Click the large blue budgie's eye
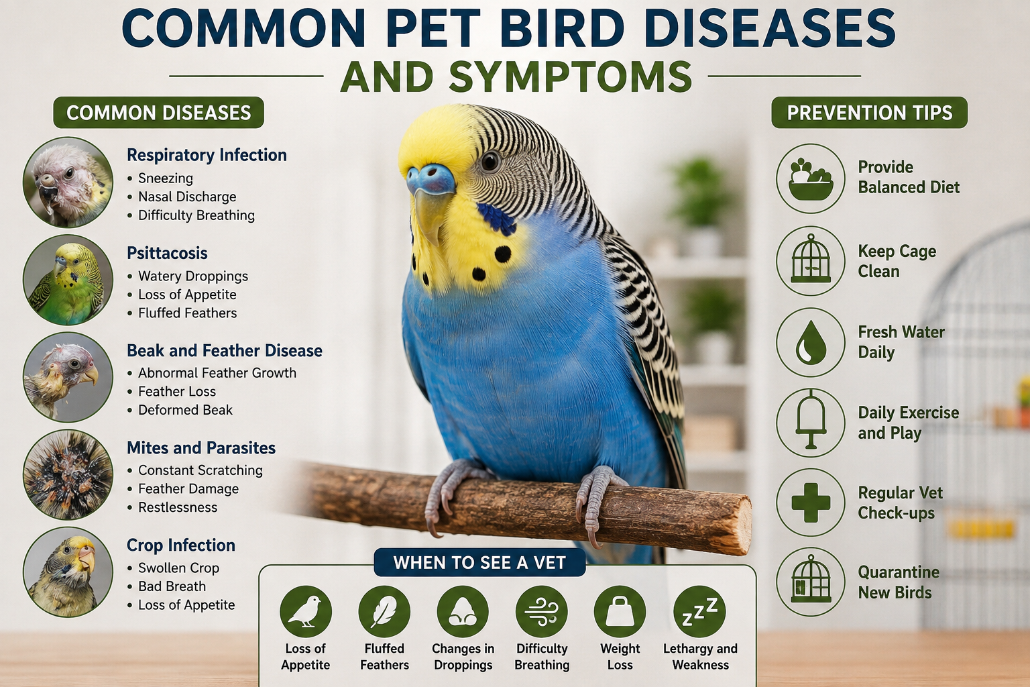(x=490, y=161)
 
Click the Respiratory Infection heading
(x=207, y=155)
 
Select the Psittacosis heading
(x=167, y=253)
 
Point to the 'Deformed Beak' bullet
(x=185, y=410)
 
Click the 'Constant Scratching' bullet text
(x=201, y=470)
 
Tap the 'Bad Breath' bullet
(x=172, y=586)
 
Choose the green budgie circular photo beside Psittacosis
(x=68, y=280)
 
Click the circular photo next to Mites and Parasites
(x=68, y=474)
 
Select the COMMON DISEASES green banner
(x=159, y=113)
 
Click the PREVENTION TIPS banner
(x=870, y=113)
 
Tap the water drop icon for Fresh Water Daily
(x=811, y=342)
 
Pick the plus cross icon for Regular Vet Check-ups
(x=811, y=503)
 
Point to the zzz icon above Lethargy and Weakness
(x=699, y=612)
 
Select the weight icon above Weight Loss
(x=620, y=612)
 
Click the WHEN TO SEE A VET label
(x=479, y=562)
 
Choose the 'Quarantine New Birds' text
(x=899, y=582)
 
